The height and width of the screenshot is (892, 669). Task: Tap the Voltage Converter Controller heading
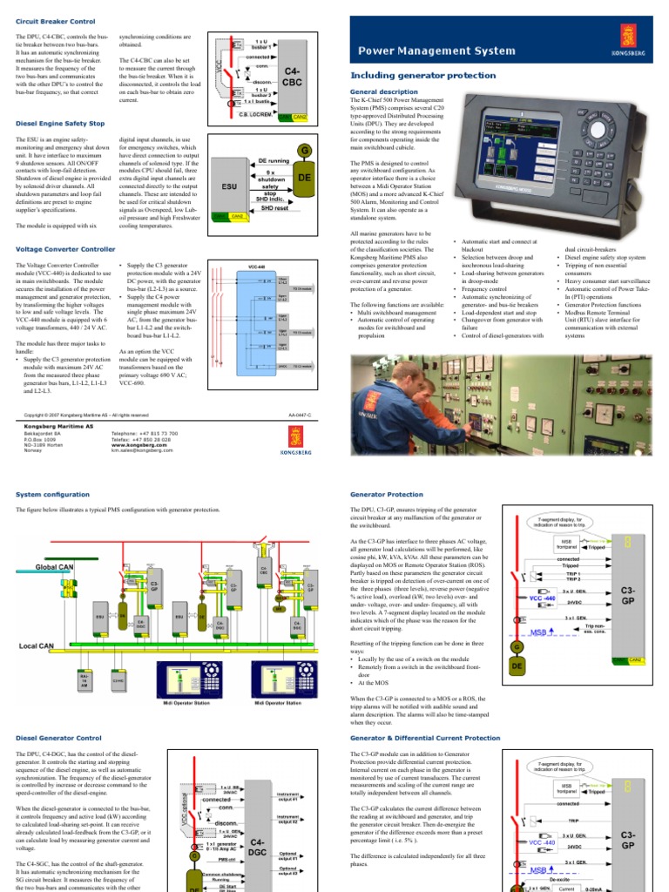point(66,249)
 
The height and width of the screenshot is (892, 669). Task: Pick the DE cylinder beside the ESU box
point(304,177)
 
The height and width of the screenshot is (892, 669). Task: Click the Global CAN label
point(55,567)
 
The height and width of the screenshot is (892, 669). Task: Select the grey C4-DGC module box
point(257,847)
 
